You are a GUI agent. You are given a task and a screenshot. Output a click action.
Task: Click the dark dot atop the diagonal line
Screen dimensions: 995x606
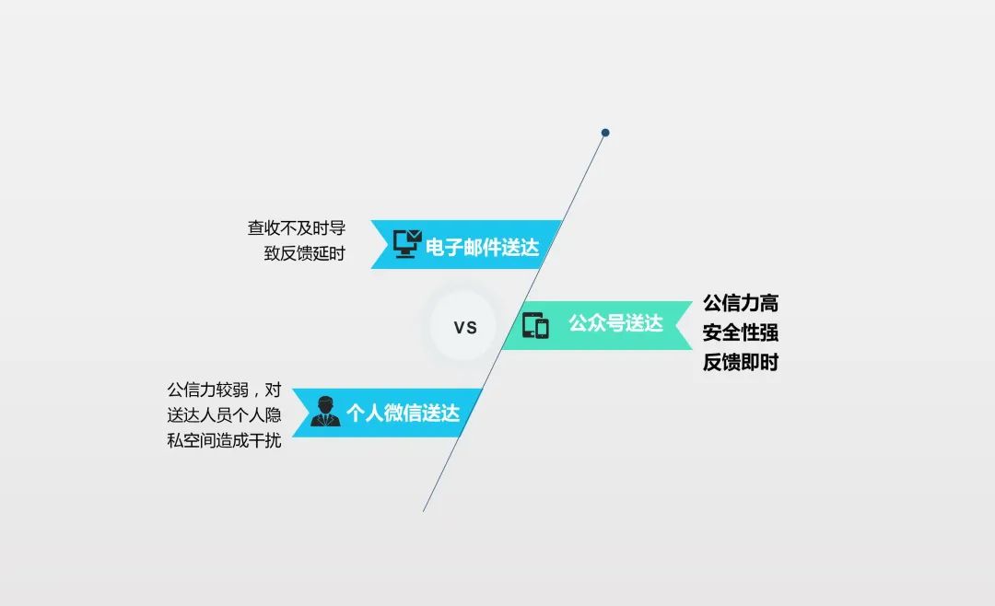605,133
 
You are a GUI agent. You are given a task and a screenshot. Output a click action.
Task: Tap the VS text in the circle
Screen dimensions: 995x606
465,327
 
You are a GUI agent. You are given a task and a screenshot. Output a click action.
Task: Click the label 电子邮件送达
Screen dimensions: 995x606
482,247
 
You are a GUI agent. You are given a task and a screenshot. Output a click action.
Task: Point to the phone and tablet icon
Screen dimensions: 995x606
535,325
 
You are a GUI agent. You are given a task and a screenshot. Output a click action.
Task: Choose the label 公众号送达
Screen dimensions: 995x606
615,323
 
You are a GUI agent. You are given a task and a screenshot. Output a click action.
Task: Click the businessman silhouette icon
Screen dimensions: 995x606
325,412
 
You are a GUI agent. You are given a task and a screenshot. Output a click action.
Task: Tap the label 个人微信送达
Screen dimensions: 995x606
403,413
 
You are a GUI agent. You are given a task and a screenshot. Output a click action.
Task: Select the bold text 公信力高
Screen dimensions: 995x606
741,303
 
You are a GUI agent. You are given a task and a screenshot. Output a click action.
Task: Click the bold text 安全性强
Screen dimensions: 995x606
741,332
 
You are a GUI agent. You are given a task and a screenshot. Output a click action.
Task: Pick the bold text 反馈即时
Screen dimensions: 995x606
741,362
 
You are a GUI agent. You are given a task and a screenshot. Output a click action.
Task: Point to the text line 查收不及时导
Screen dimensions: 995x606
296,228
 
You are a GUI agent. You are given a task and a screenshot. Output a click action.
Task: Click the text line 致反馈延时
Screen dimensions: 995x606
304,253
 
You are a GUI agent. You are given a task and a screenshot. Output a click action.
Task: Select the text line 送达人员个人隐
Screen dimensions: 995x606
224,415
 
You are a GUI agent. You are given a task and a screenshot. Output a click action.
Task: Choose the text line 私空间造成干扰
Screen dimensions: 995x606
224,441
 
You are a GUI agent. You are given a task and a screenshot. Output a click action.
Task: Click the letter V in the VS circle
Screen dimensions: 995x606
460,327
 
